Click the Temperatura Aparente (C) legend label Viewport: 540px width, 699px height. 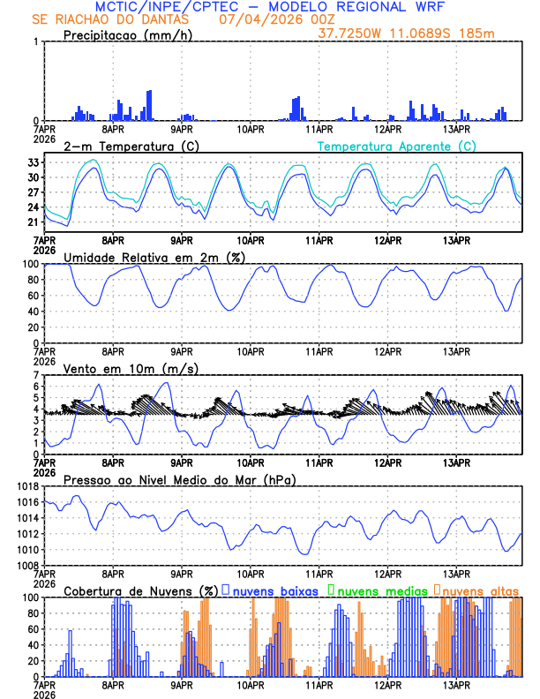[x=397, y=146]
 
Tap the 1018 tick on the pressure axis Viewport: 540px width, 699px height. [x=26, y=487]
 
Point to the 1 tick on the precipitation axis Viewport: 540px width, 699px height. [x=35, y=41]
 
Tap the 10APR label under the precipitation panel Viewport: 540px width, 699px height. [x=251, y=130]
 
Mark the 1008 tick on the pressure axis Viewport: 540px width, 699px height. [x=26, y=565]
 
